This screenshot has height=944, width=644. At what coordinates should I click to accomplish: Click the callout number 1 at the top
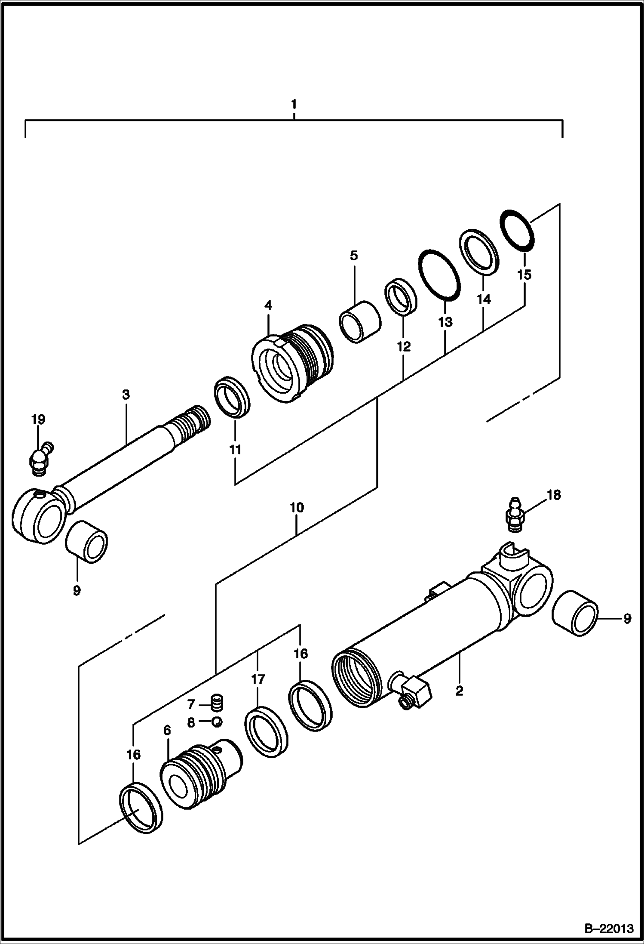(294, 104)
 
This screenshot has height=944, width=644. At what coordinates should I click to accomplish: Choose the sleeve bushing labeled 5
(360, 321)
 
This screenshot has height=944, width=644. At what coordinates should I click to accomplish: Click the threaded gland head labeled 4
(292, 364)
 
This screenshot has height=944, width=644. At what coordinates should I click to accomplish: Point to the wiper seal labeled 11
(232, 396)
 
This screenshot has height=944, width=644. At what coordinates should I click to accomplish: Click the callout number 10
(297, 508)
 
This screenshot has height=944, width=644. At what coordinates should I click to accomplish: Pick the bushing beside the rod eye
(86, 541)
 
